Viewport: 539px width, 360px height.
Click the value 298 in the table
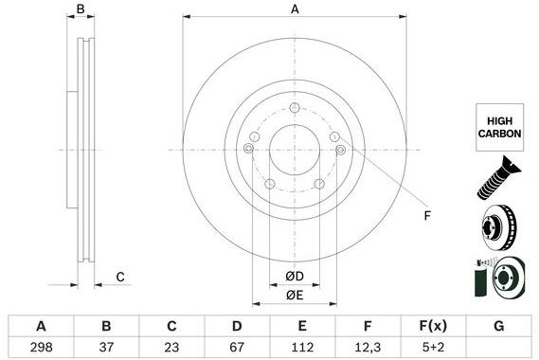click(x=41, y=348)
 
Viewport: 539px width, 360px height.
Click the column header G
click(x=497, y=326)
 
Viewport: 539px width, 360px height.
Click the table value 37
click(x=107, y=348)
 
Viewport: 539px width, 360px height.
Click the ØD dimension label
click(x=295, y=275)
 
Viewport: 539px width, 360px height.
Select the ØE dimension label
click(x=295, y=296)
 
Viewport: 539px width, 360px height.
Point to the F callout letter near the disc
click(x=426, y=216)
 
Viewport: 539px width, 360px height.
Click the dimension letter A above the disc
click(x=295, y=9)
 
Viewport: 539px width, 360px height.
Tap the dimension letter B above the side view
click(x=81, y=9)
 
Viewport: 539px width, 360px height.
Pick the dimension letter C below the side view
click(x=120, y=278)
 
